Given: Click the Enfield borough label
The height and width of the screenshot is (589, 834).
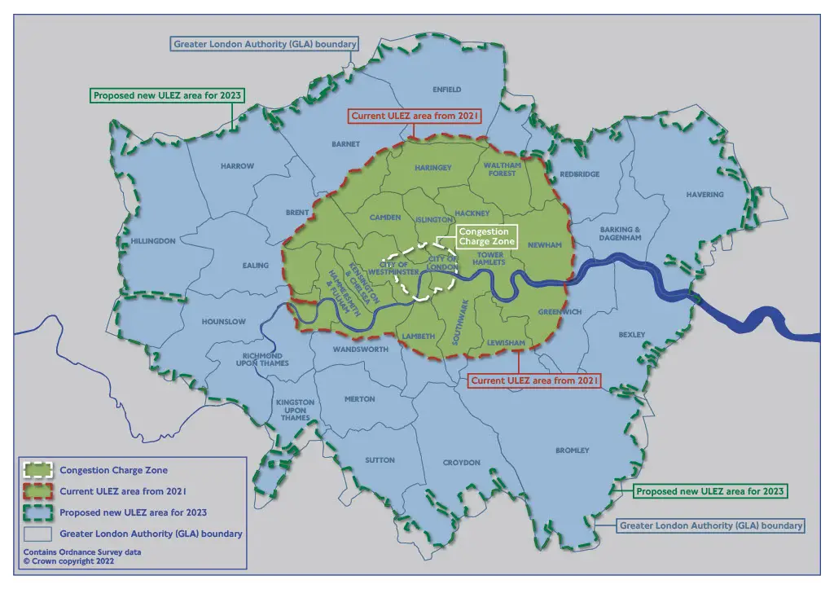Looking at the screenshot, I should (446, 89).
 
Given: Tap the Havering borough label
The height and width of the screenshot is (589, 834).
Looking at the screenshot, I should (704, 195).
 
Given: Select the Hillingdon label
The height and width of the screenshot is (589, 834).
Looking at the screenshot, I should (153, 241).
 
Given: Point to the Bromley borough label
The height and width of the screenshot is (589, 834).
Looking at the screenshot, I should (572, 451).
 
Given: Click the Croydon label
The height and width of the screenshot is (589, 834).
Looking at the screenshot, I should (461, 463).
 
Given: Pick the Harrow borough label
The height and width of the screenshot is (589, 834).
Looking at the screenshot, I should (237, 166).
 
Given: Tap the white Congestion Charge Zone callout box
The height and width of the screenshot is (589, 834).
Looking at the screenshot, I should (486, 237).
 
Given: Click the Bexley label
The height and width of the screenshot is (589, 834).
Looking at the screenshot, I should (631, 335).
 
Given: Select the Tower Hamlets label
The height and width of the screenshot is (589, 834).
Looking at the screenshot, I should (490, 258).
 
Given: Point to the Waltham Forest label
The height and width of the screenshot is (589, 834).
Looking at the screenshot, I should (502, 169).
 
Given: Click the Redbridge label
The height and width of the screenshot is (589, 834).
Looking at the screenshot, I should (579, 174).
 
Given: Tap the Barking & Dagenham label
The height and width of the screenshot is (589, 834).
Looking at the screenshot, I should (621, 234).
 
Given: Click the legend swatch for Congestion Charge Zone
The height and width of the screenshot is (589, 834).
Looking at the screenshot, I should (37, 470).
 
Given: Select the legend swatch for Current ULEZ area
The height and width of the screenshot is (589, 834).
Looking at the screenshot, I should (37, 491).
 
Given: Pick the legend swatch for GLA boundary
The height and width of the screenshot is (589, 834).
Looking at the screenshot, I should (37, 534).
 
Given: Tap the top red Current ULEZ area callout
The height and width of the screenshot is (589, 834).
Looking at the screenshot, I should (415, 116).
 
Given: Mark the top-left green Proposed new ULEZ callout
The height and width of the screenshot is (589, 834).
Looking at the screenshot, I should (168, 95).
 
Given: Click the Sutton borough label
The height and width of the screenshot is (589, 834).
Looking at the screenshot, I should (380, 460).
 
